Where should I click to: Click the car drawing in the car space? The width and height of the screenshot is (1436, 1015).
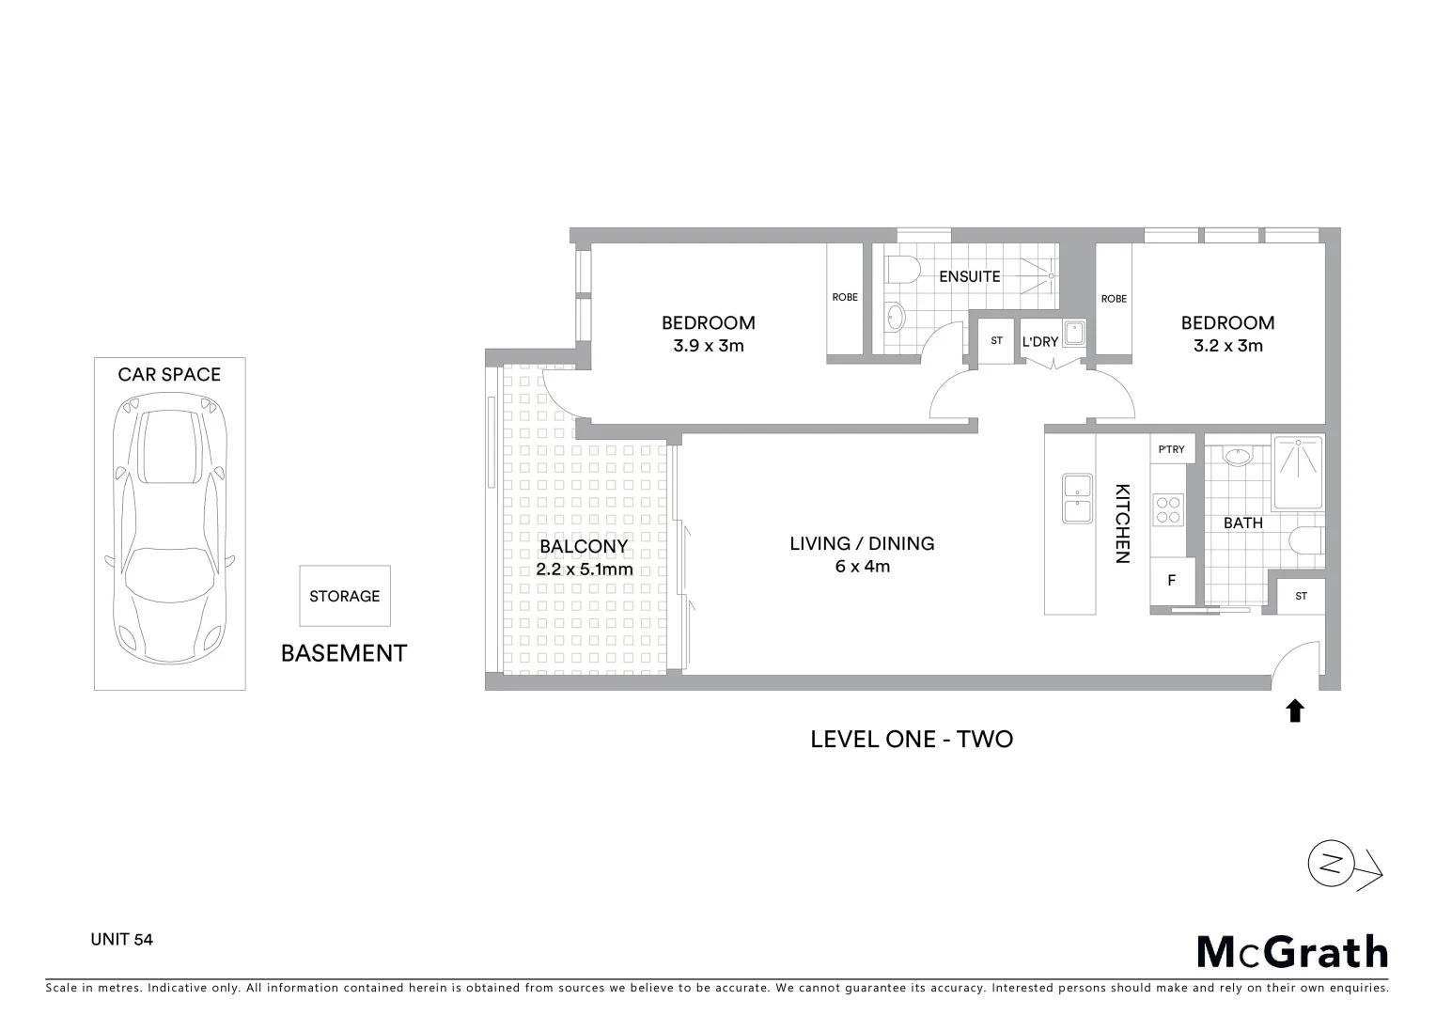(x=170, y=531)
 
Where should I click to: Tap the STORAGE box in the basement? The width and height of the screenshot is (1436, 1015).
(x=345, y=596)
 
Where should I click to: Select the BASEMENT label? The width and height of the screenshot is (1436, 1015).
(x=344, y=653)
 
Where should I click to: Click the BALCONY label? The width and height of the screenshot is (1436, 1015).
(x=584, y=547)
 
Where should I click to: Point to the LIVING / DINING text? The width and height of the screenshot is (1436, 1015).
(x=862, y=543)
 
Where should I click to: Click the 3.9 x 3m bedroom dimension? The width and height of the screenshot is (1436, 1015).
(x=708, y=346)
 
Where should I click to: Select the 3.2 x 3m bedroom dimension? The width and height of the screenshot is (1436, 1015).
(x=1227, y=346)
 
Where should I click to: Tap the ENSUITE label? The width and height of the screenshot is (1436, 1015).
(x=970, y=276)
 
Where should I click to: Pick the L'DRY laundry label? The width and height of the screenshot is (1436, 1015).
(x=1040, y=342)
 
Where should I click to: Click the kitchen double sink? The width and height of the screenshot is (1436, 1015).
(x=1077, y=499)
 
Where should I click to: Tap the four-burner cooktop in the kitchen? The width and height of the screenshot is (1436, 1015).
(x=1168, y=509)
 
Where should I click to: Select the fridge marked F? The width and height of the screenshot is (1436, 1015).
(x=1172, y=581)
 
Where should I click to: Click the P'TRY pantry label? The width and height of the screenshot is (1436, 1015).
(x=1172, y=449)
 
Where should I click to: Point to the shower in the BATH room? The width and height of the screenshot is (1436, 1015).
(x=1298, y=471)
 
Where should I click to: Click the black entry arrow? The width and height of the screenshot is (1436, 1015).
(x=1295, y=710)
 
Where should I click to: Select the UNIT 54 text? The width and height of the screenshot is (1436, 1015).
(x=121, y=939)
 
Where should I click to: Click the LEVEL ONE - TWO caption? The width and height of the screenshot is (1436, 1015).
(x=912, y=740)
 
